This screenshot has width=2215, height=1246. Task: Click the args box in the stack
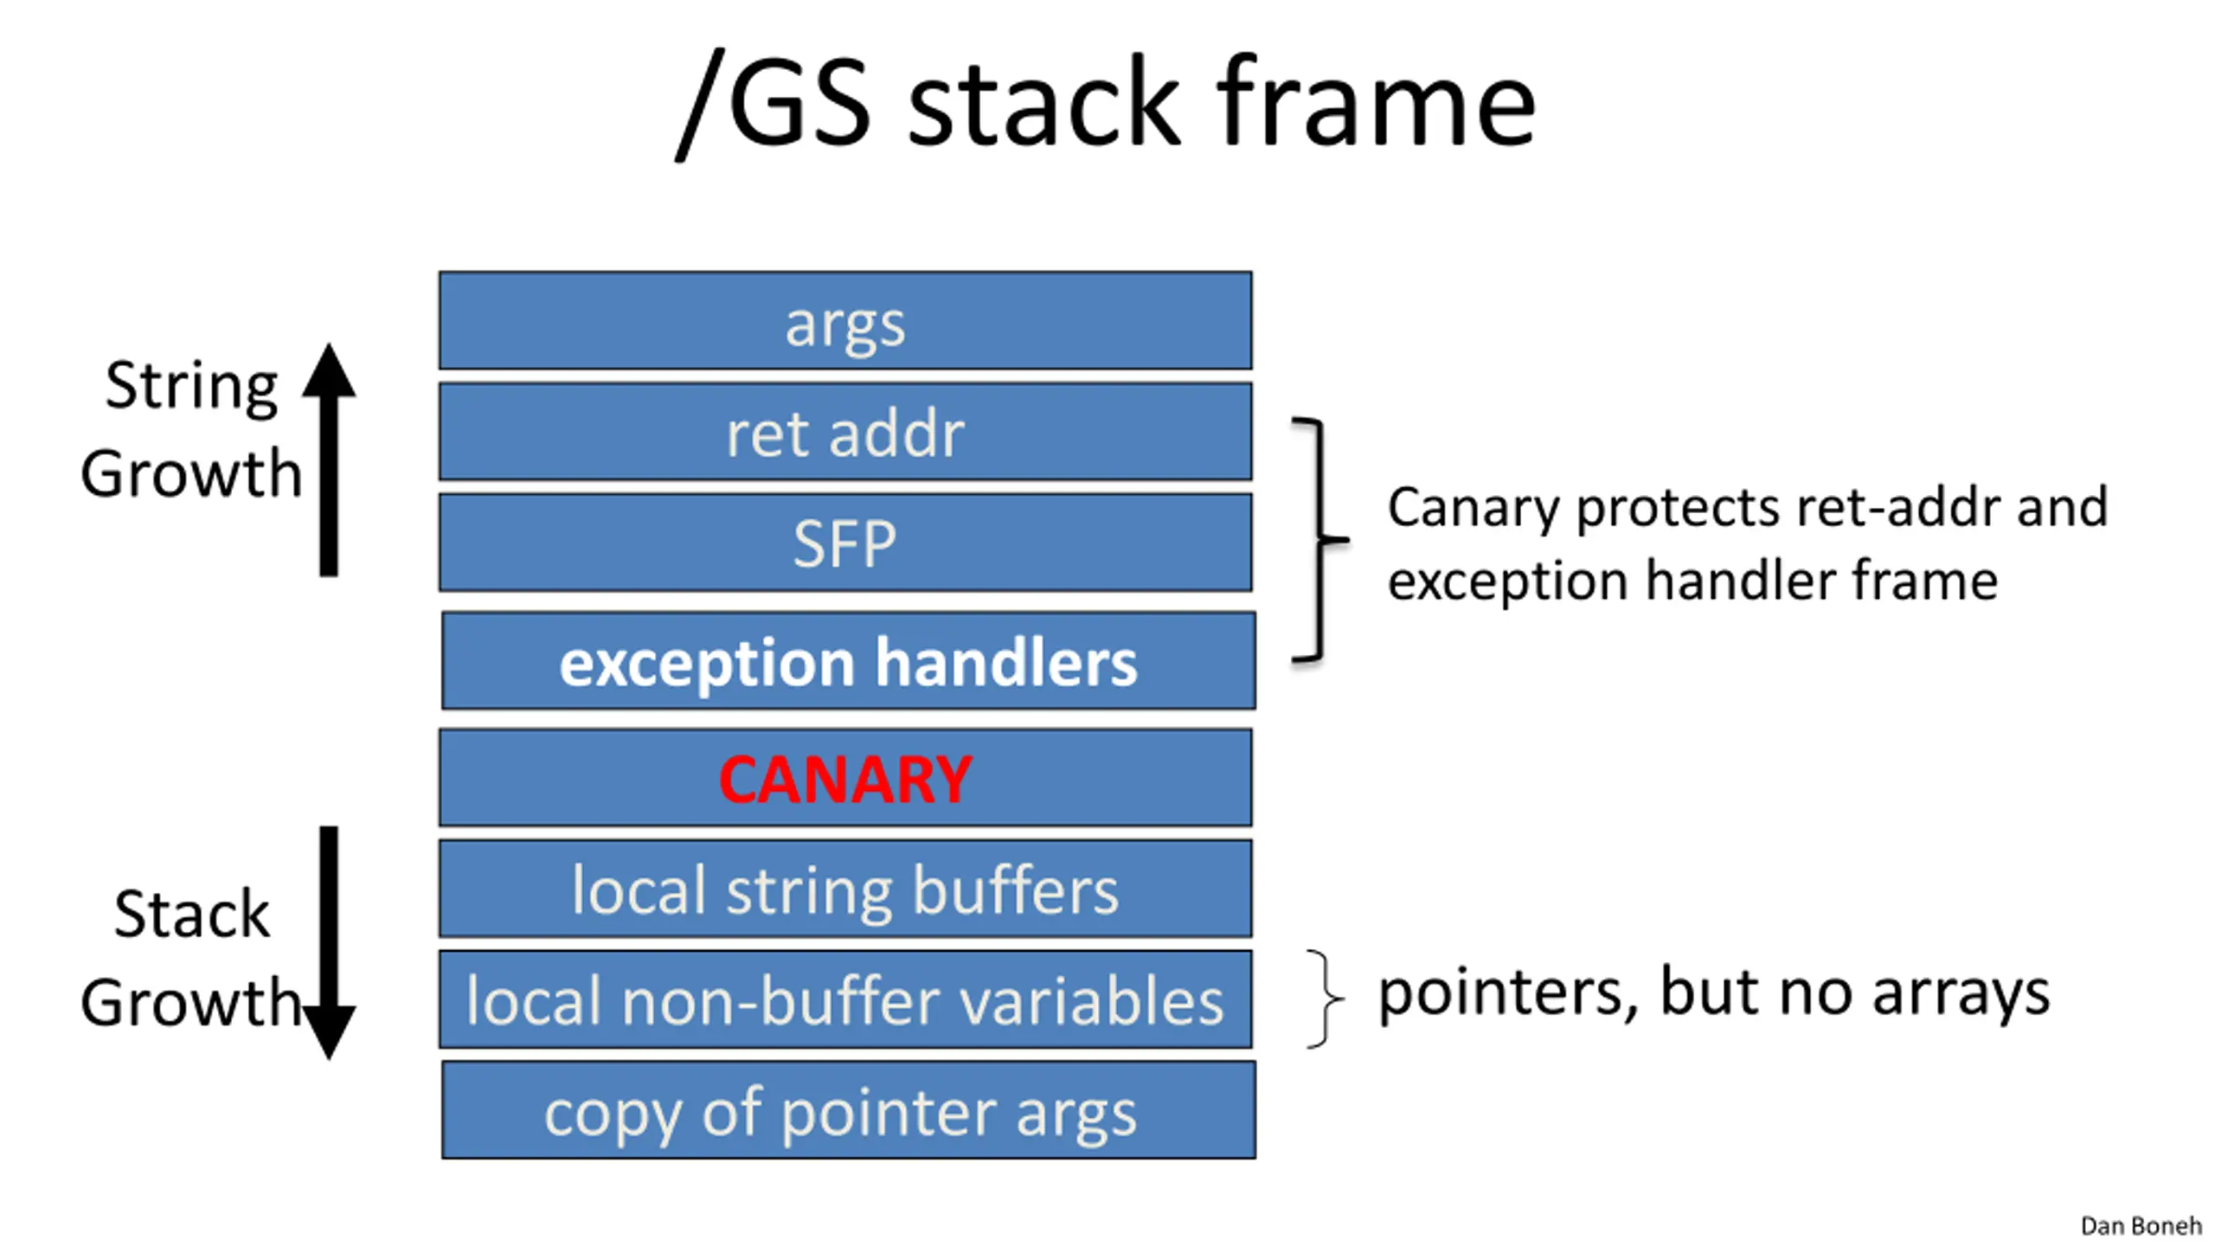845,320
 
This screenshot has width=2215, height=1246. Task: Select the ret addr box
845,431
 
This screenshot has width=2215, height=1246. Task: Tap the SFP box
845,543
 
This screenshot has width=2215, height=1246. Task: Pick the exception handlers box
848,661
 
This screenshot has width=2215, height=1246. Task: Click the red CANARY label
845,779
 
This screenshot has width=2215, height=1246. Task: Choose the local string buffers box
845,889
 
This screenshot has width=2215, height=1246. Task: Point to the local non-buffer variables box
845,999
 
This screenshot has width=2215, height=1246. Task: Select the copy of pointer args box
848,1110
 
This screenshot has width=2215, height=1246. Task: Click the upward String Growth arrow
329,459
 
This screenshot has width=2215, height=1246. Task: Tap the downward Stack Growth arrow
329,943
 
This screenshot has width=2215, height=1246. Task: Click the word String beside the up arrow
191,387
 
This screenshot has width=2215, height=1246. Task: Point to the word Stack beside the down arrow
191,914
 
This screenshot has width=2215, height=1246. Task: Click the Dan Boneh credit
2141,1226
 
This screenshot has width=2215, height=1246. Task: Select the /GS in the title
773,103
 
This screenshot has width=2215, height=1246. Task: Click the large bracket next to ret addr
1320,541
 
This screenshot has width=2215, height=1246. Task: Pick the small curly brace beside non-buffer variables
1325,999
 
